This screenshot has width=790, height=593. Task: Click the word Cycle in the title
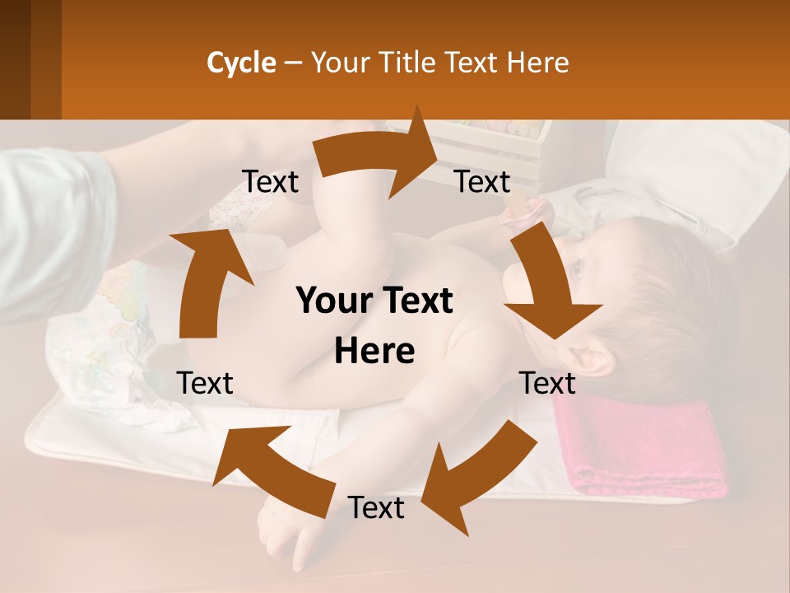(x=241, y=63)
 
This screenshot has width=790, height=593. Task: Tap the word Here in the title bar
(x=538, y=63)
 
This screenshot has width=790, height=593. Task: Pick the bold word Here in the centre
(x=374, y=352)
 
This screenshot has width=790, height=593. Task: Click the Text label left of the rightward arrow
(x=270, y=182)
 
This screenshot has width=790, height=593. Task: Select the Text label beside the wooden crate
(x=482, y=182)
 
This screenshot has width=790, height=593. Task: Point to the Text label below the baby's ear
(x=547, y=383)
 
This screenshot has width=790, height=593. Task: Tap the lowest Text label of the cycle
(x=375, y=508)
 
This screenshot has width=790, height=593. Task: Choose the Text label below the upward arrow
(x=205, y=383)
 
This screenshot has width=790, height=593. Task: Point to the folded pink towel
(x=642, y=449)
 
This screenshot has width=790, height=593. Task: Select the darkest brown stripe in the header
(x=15, y=59)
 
